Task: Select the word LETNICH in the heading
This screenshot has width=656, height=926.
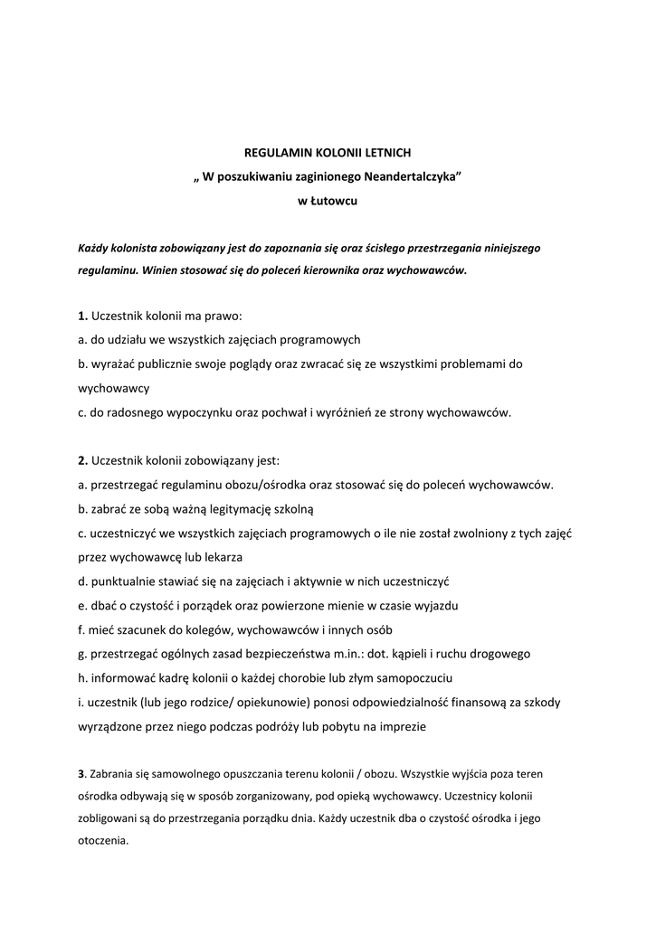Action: [390, 154]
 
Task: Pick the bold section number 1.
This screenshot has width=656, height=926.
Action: [82, 317]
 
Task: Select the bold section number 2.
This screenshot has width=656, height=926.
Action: [82, 460]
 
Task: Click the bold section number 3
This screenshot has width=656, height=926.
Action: [81, 774]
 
